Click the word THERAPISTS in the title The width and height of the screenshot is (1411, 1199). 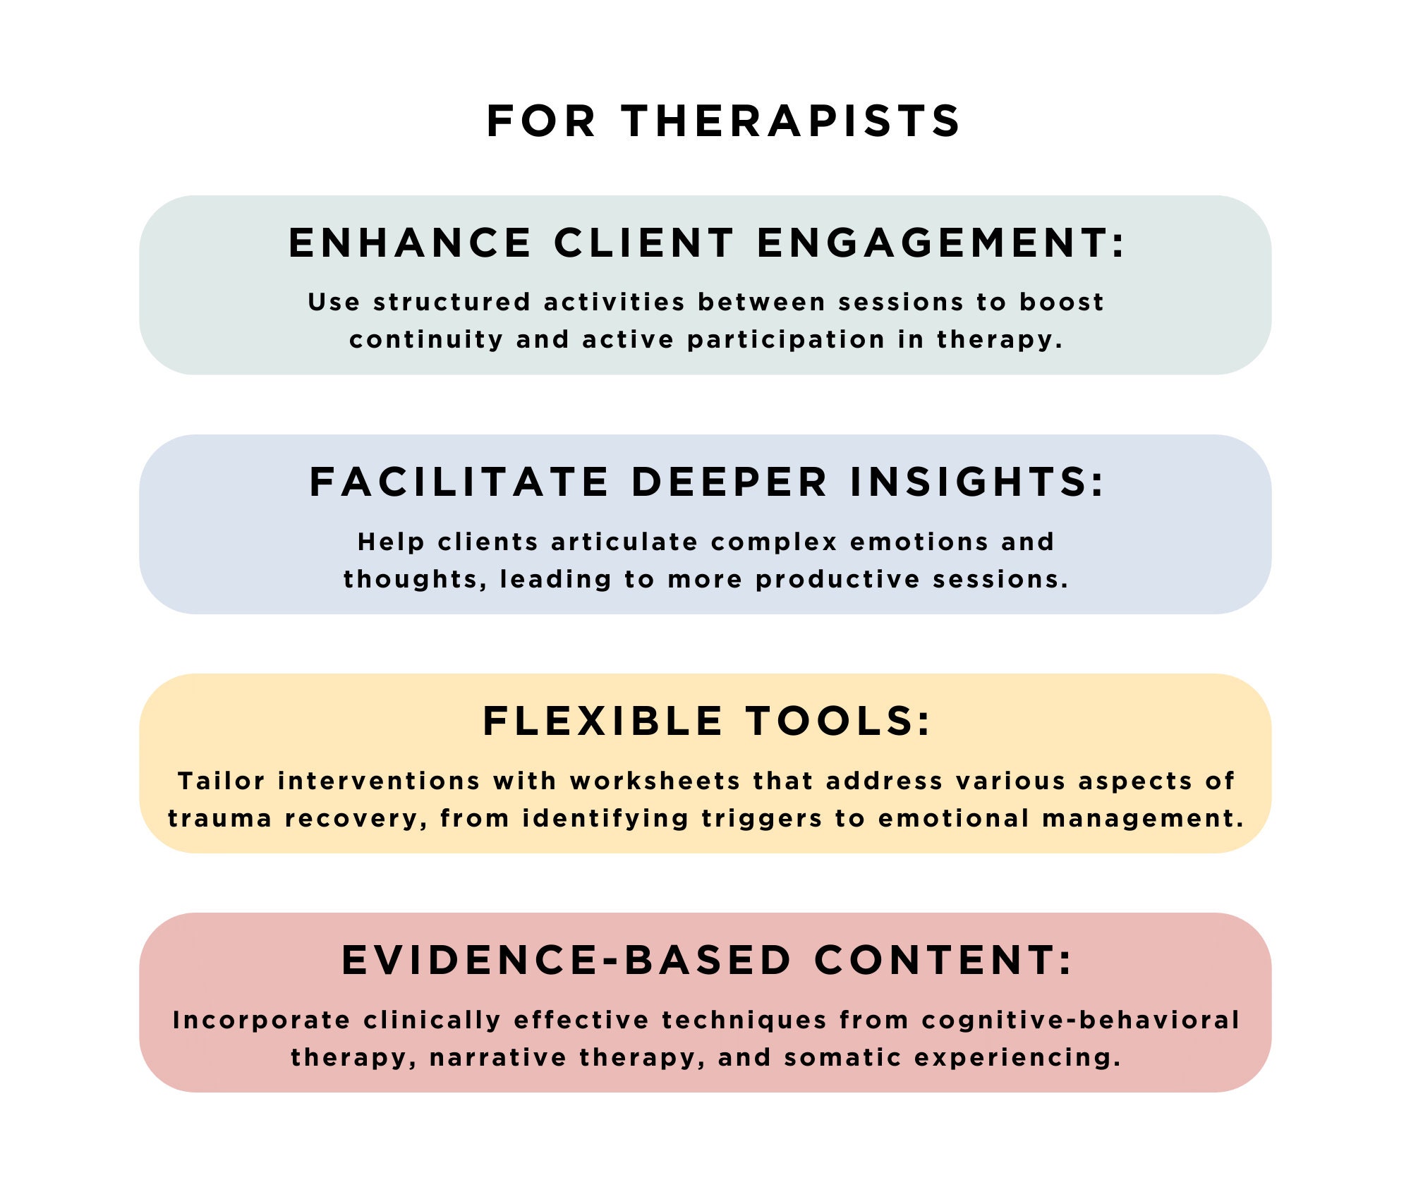[791, 121]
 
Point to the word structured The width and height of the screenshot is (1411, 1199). [452, 302]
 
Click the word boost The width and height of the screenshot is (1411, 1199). [1061, 302]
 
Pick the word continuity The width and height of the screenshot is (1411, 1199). [426, 340]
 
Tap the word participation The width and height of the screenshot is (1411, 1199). [786, 340]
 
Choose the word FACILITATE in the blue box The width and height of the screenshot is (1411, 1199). [459, 482]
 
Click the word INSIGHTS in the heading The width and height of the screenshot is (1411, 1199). [977, 482]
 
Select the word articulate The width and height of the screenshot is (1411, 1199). [625, 542]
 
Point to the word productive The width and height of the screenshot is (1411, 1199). [837, 580]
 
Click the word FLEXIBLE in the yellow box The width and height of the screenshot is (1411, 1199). [603, 722]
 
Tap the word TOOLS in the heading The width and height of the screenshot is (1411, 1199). [839, 722]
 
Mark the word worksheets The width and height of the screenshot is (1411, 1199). [655, 781]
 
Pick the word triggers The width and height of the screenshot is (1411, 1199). [762, 819]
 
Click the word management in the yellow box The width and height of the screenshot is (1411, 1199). [1143, 819]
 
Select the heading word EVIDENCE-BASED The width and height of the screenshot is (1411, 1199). [567, 961]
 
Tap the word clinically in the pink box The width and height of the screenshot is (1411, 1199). [432, 1021]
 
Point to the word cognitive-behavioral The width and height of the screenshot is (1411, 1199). [1080, 1021]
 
